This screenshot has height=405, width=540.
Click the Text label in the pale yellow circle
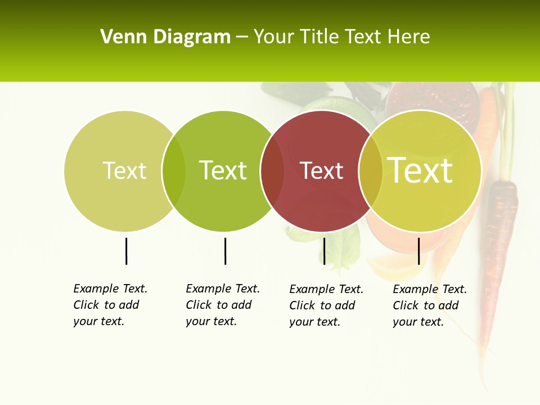pyautogui.click(x=124, y=170)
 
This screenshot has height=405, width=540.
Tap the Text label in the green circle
pyautogui.click(x=223, y=170)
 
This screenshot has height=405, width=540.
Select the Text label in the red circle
pyautogui.click(x=321, y=170)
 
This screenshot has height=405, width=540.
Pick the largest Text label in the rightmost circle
pyautogui.click(x=420, y=170)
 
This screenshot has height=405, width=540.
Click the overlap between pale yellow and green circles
pyautogui.click(x=174, y=171)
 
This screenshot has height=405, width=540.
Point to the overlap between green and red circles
pyautogui.click(x=272, y=171)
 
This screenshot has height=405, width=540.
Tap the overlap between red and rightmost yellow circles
pyautogui.click(x=371, y=171)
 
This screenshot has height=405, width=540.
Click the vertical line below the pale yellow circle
pyautogui.click(x=126, y=251)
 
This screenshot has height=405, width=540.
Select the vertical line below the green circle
pyautogui.click(x=225, y=251)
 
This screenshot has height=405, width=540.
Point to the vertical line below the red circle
pyautogui.click(x=324, y=251)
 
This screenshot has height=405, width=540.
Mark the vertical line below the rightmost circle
pyautogui.click(x=418, y=251)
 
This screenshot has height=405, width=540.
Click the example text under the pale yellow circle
pyautogui.click(x=110, y=305)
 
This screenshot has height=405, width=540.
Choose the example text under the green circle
pyautogui.click(x=222, y=305)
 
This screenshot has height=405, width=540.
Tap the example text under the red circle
pyautogui.click(x=326, y=305)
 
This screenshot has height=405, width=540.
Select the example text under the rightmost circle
pyautogui.click(x=429, y=305)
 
